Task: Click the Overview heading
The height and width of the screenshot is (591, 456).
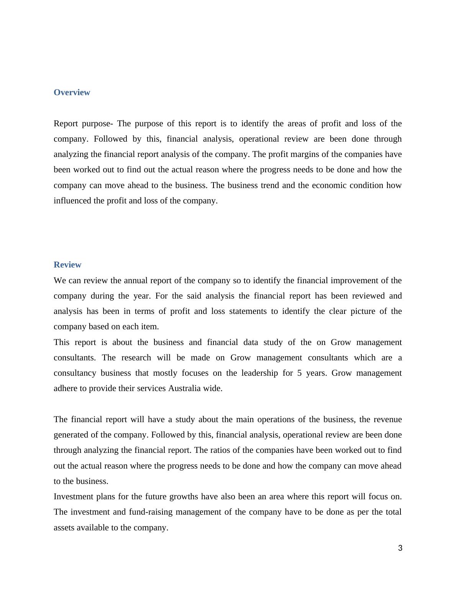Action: coord(72,92)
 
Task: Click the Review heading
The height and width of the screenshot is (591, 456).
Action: coord(67,265)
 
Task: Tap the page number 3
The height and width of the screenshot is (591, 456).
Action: coord(400,548)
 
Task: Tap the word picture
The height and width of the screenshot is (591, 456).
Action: coord(363,311)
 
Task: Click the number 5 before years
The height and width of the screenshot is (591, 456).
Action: coord(299,373)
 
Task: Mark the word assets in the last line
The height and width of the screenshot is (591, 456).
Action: coord(64,528)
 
